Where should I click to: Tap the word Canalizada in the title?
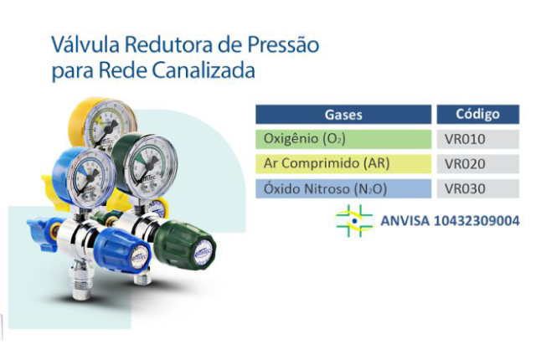pyautogui.click(x=203, y=71)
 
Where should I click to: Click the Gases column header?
pyautogui.click(x=343, y=115)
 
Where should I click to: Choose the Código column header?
pyautogui.click(x=478, y=115)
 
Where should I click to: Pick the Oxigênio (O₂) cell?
pyautogui.click(x=343, y=139)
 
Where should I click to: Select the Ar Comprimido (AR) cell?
pyautogui.click(x=343, y=163)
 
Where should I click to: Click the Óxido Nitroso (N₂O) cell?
pyautogui.click(x=343, y=188)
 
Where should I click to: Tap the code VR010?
pyautogui.click(x=465, y=139)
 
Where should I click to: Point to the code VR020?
pyautogui.click(x=465, y=164)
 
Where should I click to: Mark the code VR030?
pyautogui.click(x=465, y=189)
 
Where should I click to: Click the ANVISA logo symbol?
pyautogui.click(x=354, y=221)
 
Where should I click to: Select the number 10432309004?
pyautogui.click(x=477, y=221)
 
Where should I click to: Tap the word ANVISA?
pyautogui.click(x=405, y=221)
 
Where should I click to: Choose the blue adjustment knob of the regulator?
pyautogui.click(x=121, y=249)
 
